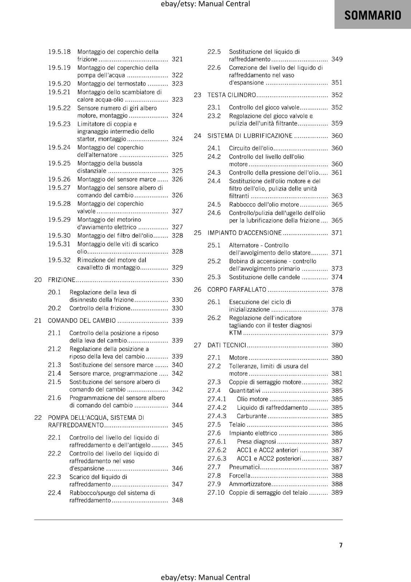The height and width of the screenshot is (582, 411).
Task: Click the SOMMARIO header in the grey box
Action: [x=372, y=15]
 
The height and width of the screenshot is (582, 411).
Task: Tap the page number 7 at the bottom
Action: [x=341, y=545]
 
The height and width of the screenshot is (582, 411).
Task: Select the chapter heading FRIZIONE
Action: [x=61, y=280]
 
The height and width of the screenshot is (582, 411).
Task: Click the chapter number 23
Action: [x=197, y=95]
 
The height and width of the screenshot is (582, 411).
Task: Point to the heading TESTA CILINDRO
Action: [x=232, y=95]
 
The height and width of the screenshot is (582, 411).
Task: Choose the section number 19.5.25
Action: [x=59, y=163]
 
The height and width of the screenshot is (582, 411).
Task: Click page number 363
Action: [x=337, y=196]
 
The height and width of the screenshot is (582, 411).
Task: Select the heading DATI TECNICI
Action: [x=227, y=345]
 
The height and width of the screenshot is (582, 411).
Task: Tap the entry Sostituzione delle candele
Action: [x=264, y=277]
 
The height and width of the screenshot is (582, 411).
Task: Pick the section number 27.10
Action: [x=216, y=493]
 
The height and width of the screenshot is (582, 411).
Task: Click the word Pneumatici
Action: [x=244, y=467]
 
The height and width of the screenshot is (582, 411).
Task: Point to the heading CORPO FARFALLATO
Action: [x=237, y=290]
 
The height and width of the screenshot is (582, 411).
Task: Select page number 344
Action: [x=177, y=405]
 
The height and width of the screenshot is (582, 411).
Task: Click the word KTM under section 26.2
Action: [x=235, y=333]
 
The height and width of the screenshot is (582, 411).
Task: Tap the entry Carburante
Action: [x=251, y=416]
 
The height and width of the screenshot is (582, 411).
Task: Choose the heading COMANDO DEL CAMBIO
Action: [x=82, y=320]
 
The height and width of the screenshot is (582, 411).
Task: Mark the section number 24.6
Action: [x=214, y=213]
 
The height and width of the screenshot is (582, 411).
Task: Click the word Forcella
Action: [x=240, y=475]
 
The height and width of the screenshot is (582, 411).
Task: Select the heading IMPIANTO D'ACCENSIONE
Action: [x=244, y=233]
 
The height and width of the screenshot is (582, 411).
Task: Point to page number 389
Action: [x=337, y=493]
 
